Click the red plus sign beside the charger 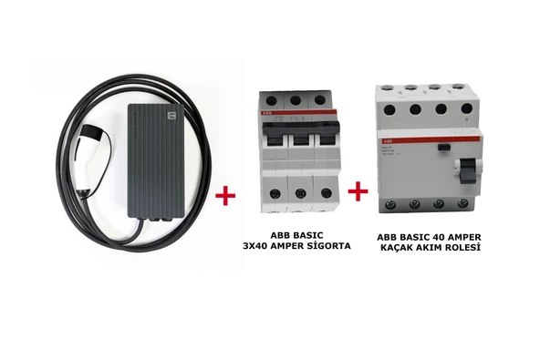[223, 195]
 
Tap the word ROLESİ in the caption [462, 247]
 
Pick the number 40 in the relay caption [443, 236]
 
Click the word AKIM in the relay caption [433, 247]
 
